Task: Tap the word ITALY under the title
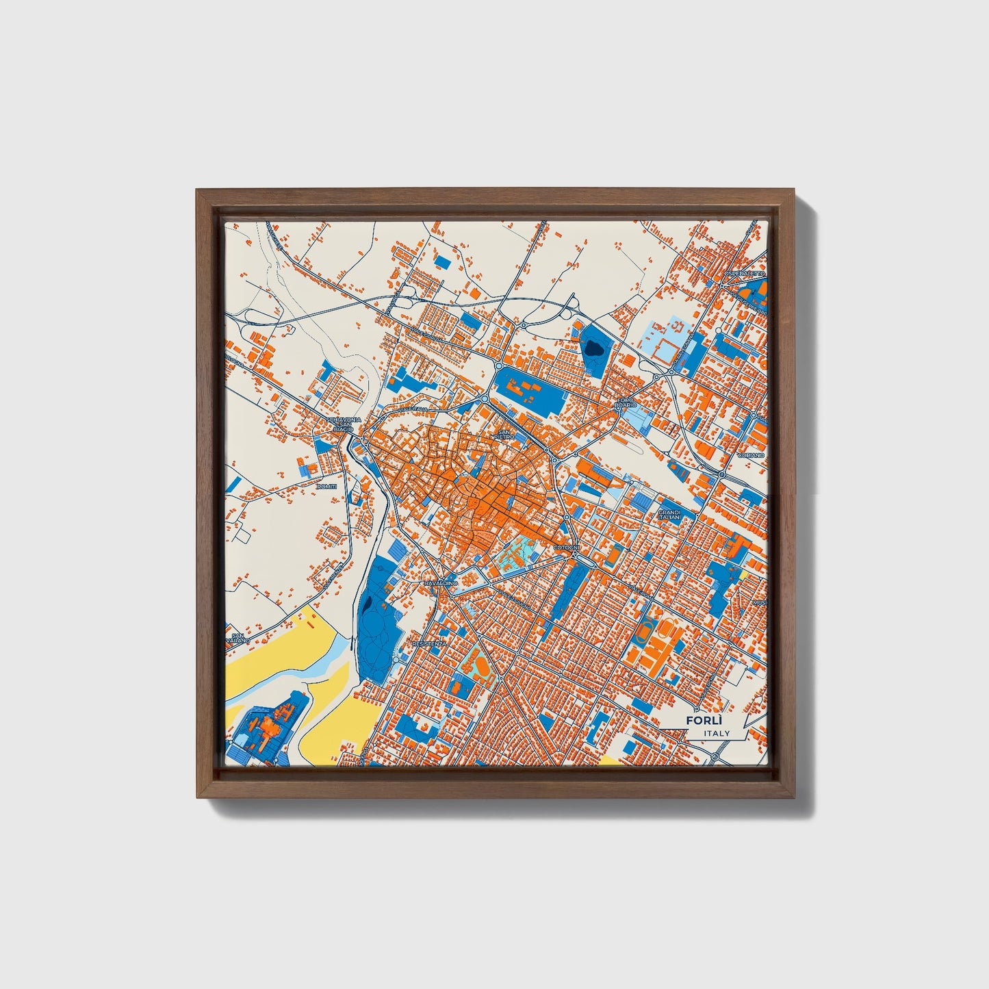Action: pyautogui.click(x=717, y=733)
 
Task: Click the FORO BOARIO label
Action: pyautogui.click(x=626, y=402)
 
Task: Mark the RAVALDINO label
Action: pyautogui.click(x=440, y=582)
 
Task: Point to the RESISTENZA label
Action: pyautogui.click(x=430, y=644)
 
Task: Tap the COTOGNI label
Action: pyautogui.click(x=567, y=548)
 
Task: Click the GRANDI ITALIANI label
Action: pyautogui.click(x=669, y=515)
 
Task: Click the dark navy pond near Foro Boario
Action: pyautogui.click(x=592, y=348)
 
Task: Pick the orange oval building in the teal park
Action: pyautogui.click(x=480, y=664)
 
